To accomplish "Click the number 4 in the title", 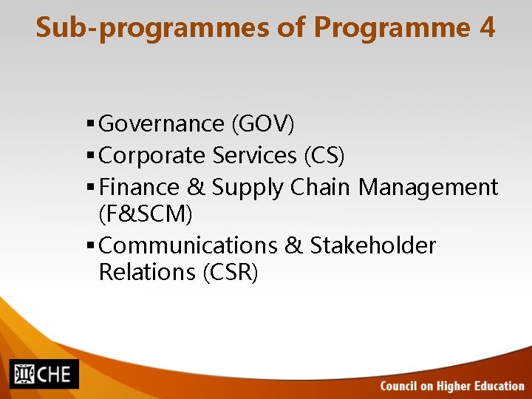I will [x=486, y=27].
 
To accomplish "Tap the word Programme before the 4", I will [x=392, y=28].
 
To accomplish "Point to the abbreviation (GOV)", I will [x=263, y=123].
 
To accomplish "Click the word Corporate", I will [x=151, y=155].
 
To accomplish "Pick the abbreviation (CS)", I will [x=324, y=155].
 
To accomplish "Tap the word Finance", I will [x=139, y=188].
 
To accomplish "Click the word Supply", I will [x=248, y=188].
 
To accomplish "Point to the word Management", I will [x=429, y=188].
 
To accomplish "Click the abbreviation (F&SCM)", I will [x=145, y=214].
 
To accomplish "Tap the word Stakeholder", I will [x=373, y=245].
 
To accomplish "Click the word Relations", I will [x=146, y=272].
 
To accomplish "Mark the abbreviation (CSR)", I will [x=230, y=272].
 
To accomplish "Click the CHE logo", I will [x=44, y=373].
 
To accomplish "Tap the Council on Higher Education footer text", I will [x=452, y=386].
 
